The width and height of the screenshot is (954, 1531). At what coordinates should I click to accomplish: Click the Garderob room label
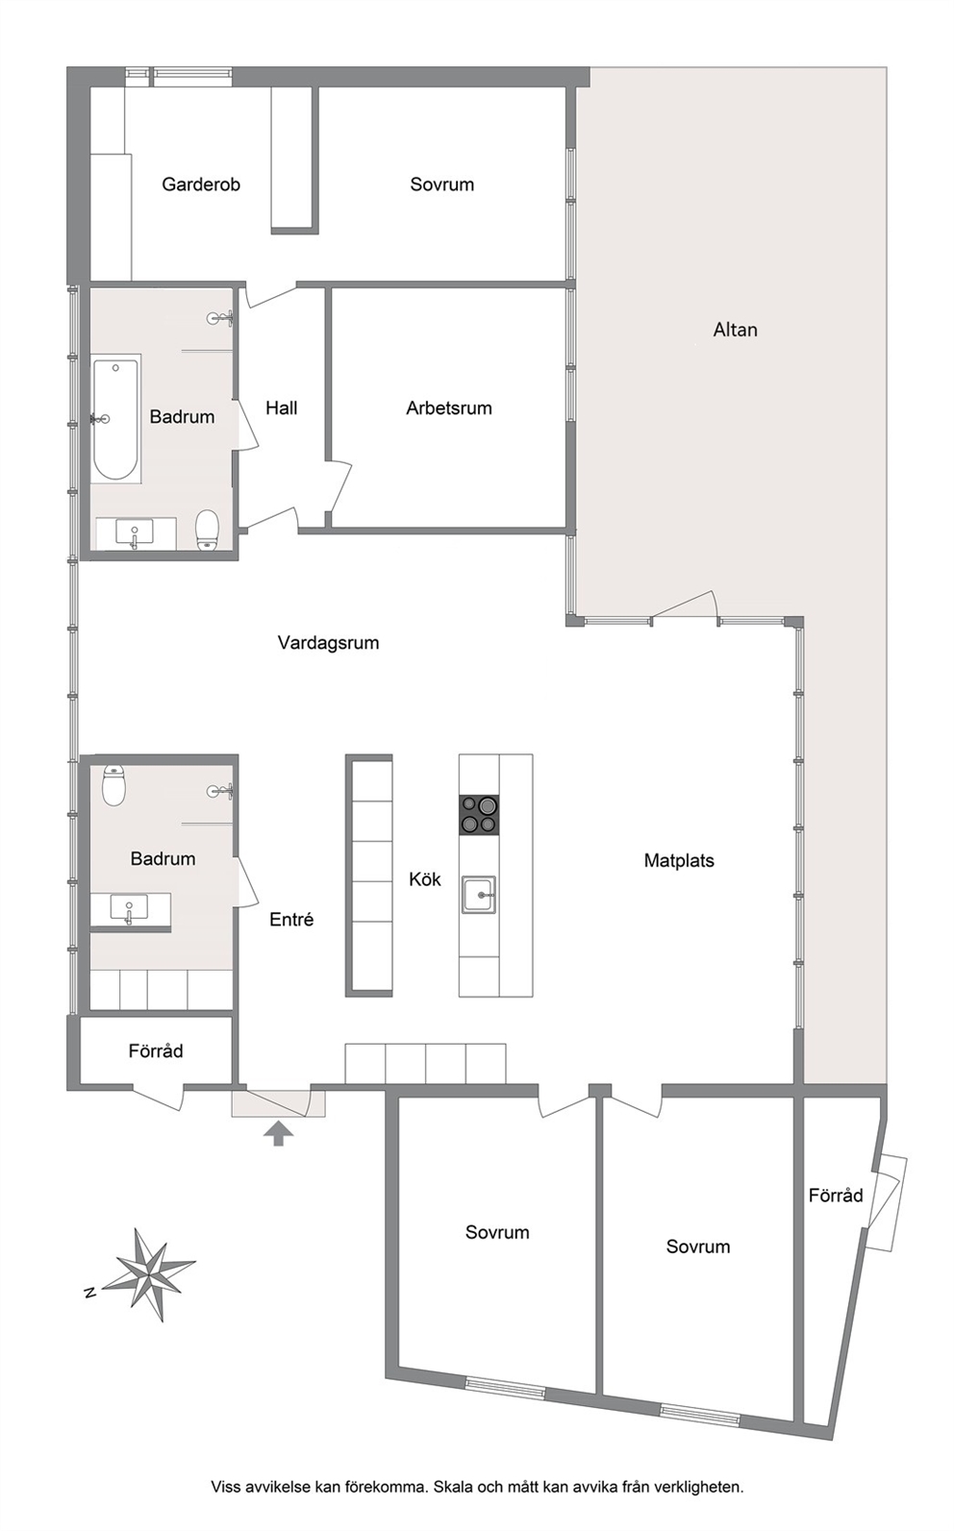coord(201,185)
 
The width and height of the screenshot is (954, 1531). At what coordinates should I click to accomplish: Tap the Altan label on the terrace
coord(735,330)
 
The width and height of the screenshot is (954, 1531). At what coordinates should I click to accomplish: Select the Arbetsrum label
coord(448,408)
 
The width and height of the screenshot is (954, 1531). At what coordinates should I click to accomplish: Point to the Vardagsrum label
coord(328,643)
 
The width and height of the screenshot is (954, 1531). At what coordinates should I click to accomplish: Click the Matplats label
coord(679,860)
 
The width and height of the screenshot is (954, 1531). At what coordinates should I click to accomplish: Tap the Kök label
coord(425,879)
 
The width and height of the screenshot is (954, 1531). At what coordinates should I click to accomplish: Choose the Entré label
coord(291,920)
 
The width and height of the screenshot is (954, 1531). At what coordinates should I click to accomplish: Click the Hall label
coord(281,408)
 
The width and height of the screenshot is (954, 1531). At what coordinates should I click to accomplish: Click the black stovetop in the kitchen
coord(479,815)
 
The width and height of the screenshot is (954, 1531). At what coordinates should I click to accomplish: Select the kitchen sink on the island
coord(479,894)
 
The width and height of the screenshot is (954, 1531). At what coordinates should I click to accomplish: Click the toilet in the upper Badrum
coord(207,529)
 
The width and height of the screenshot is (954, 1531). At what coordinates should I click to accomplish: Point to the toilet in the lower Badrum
coord(113,785)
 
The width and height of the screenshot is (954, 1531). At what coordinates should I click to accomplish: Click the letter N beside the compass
coord(88,1293)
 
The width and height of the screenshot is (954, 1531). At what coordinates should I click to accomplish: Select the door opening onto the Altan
coord(684,607)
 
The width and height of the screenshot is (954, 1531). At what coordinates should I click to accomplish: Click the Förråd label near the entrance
coord(156,1050)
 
